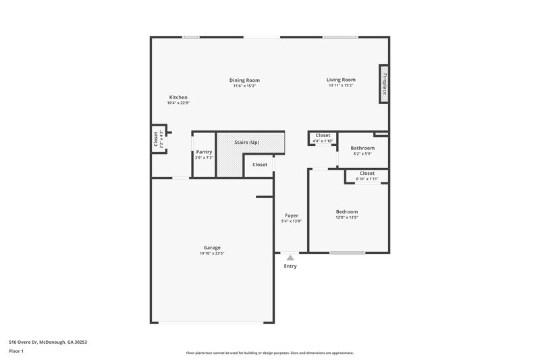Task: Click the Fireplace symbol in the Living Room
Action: point(383,84)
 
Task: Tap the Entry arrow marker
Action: point(290,257)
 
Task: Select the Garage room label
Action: point(212,247)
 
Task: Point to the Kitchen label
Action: point(178,97)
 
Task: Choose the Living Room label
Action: point(341,80)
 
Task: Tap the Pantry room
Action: point(204,155)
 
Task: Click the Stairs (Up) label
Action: point(246,143)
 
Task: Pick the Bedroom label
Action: point(347,211)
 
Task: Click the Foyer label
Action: point(291,215)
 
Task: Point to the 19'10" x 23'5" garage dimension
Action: point(212,254)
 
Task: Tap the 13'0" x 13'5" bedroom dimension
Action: point(347,218)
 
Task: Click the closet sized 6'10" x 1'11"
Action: point(367,176)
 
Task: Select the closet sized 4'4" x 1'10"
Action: point(323,138)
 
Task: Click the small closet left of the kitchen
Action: point(158,140)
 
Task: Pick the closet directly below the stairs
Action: point(259,165)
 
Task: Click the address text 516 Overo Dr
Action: point(48,342)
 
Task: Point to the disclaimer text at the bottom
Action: point(269,353)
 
